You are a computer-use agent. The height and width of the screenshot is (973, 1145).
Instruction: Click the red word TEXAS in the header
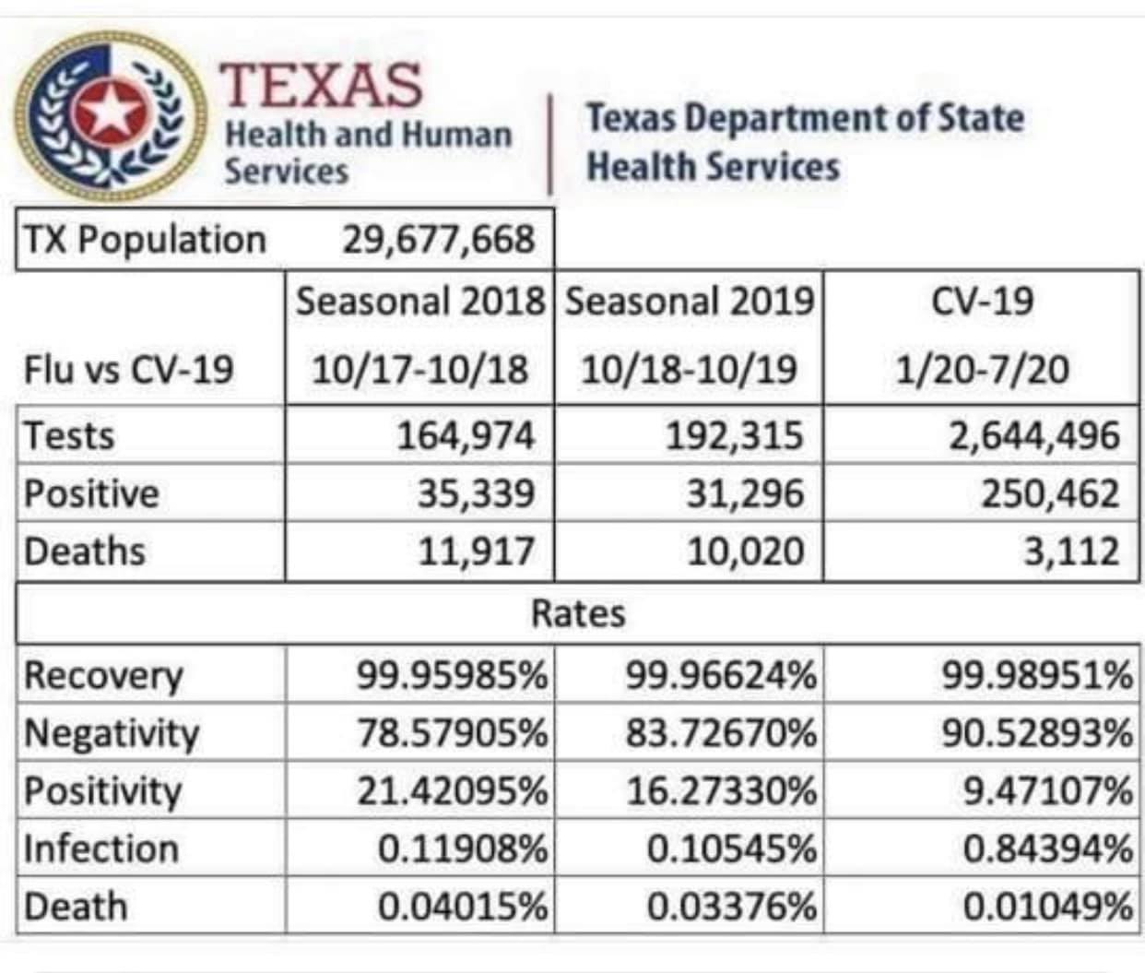[x=321, y=85]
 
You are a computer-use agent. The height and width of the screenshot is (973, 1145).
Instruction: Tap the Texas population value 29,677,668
[x=438, y=240]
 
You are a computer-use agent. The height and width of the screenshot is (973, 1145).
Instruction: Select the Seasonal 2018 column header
[x=420, y=302]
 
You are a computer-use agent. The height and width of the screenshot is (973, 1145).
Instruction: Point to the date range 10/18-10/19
[x=689, y=370]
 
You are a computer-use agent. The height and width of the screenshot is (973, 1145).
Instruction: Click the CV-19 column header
[x=982, y=302]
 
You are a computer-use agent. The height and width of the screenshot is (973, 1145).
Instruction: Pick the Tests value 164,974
[x=466, y=435]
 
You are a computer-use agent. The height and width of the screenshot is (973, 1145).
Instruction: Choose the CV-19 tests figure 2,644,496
[x=1034, y=435]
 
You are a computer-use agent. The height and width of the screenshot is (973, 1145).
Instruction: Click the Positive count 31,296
[x=744, y=493]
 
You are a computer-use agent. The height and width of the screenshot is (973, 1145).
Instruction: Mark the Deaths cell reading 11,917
[x=476, y=552]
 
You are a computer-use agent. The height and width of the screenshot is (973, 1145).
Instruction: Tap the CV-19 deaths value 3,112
[x=1071, y=552]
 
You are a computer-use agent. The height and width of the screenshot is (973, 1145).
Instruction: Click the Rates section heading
[x=578, y=613]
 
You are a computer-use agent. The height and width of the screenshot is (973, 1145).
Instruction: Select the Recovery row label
[x=103, y=675]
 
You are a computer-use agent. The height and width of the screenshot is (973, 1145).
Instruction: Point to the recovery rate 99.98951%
[x=1037, y=675]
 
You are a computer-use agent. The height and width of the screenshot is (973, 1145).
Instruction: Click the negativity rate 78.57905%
[x=453, y=733]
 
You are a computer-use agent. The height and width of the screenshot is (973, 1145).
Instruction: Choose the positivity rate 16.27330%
[x=722, y=791]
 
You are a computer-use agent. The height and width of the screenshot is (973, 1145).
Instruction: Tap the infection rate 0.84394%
[x=1047, y=848]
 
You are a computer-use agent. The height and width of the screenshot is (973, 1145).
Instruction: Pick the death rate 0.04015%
[x=463, y=907]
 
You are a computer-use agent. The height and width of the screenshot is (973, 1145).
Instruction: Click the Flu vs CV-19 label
[x=129, y=370]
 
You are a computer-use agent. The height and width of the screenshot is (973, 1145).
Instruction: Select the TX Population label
[x=145, y=240]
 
